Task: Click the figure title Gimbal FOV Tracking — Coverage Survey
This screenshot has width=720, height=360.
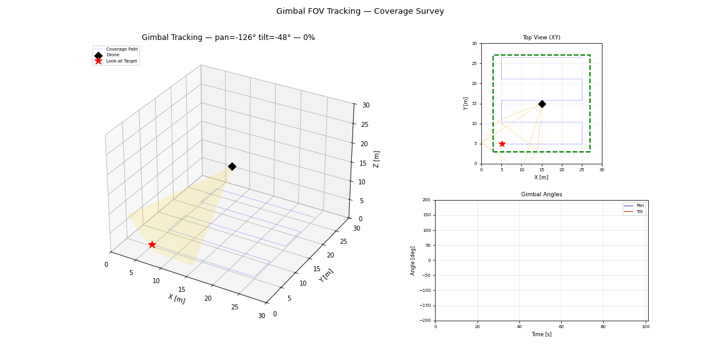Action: [x=360, y=11]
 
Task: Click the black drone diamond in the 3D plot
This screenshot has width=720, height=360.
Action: [x=232, y=166]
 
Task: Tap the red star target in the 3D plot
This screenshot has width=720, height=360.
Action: [x=152, y=244]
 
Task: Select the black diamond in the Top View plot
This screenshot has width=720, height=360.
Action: [x=542, y=104]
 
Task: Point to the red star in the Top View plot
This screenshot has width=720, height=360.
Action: [x=502, y=144]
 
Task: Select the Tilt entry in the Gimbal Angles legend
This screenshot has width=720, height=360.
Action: [x=639, y=212]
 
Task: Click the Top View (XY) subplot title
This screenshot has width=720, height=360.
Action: [x=541, y=37]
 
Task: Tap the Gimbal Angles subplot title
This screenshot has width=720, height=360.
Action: [x=541, y=194]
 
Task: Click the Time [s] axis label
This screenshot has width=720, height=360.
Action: [x=541, y=334]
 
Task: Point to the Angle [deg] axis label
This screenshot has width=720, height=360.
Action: [x=413, y=261]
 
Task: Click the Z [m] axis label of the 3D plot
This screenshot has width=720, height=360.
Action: [x=376, y=159]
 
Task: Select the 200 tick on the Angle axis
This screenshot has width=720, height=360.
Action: [x=426, y=201]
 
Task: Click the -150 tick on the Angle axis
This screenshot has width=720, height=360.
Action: [x=424, y=306]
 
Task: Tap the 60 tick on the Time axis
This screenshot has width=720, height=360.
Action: [x=561, y=327]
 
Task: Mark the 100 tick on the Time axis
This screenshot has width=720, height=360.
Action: [x=644, y=327]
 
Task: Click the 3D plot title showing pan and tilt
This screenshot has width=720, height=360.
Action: [x=228, y=37]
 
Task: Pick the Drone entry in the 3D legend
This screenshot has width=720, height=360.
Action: [x=112, y=55]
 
